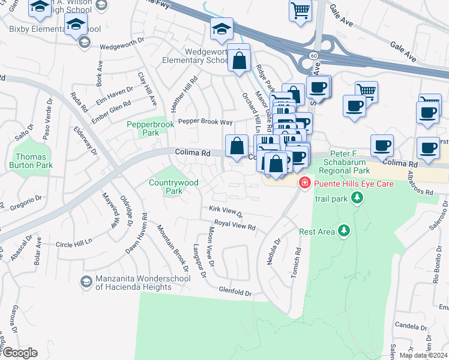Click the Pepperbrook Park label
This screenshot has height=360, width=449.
(x=142, y=128)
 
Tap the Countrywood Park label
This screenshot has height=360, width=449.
(x=165, y=187)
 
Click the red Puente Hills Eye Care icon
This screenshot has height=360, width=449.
(x=305, y=183)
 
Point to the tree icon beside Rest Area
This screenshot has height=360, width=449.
(x=343, y=230)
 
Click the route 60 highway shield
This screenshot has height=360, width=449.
(x=314, y=55)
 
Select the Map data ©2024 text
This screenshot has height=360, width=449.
(x=423, y=355)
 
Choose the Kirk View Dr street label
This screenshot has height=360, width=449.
(x=226, y=211)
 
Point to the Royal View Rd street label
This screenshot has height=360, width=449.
(x=235, y=227)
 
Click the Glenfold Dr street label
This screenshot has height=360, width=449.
(x=235, y=292)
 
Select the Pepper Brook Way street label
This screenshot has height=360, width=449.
(x=204, y=121)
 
